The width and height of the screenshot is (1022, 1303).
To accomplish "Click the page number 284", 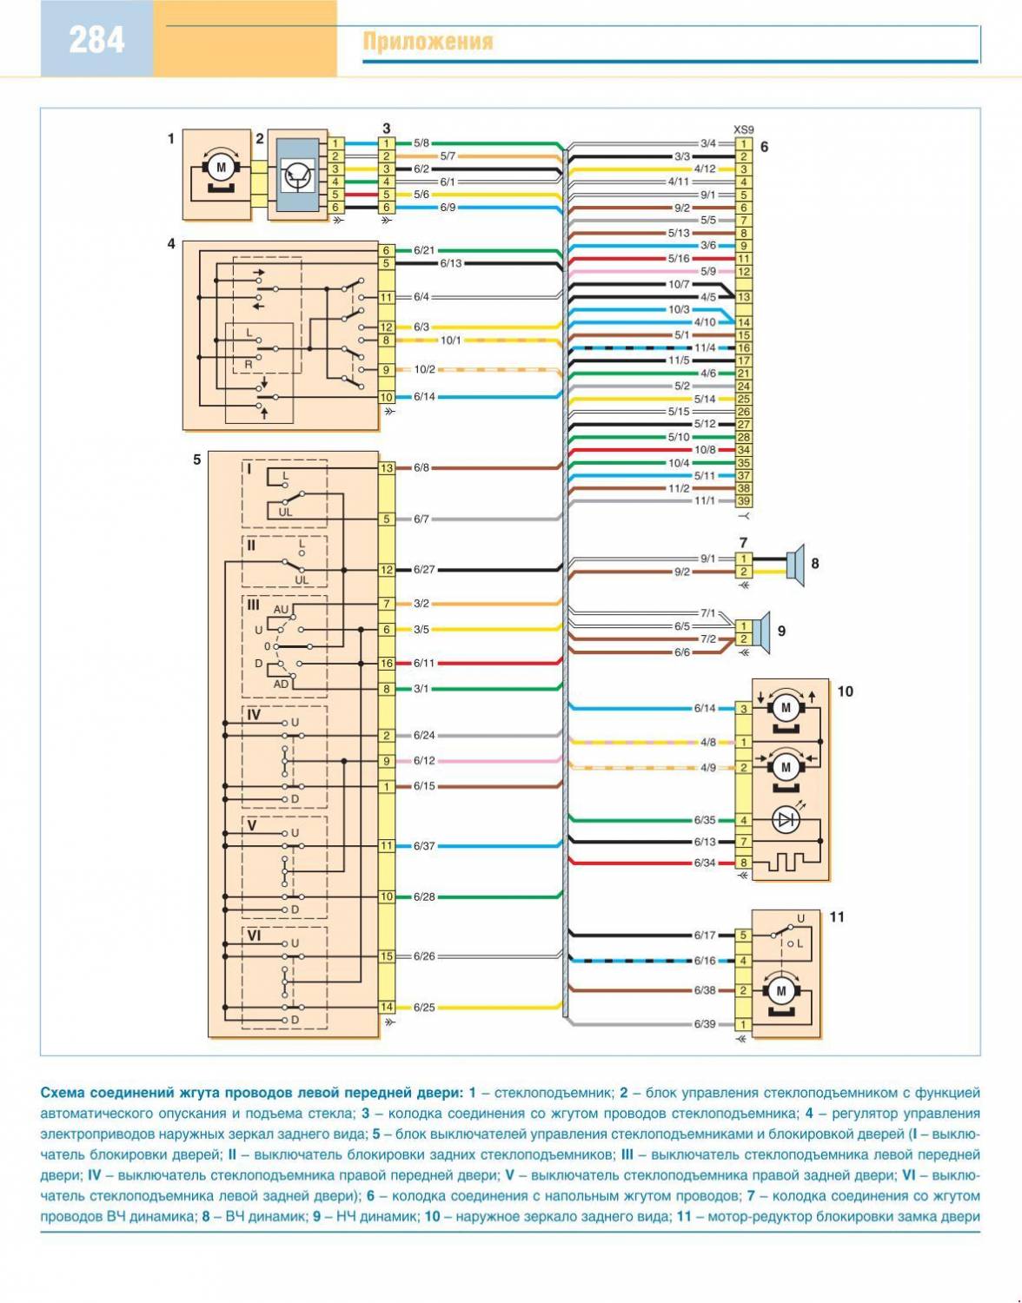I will (x=96, y=40).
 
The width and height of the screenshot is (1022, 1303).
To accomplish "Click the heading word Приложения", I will (x=428, y=42).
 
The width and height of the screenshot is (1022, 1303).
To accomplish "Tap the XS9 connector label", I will (x=743, y=128).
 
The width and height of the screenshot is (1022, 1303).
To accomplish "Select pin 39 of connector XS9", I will (x=744, y=501).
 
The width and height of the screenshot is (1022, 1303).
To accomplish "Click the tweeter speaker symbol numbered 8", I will (x=795, y=564).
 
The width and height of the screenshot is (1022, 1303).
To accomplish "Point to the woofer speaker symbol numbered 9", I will (x=762, y=632).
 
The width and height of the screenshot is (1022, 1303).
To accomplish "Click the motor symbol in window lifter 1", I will (x=220, y=167).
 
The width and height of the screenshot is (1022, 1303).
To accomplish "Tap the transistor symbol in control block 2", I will (x=298, y=176).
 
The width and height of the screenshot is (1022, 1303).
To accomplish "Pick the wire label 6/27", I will (x=424, y=570).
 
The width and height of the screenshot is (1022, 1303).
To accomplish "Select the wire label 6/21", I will (x=424, y=250).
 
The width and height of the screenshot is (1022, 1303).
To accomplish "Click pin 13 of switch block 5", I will (x=387, y=468).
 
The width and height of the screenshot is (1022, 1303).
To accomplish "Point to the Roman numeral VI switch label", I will (x=254, y=936).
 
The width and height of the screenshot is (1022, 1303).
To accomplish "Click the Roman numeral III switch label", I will (x=253, y=605).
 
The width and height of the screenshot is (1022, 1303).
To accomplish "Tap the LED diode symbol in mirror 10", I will (x=786, y=820).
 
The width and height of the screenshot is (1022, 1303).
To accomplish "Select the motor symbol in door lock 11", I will (x=780, y=991).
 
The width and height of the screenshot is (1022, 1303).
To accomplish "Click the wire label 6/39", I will (x=705, y=1024).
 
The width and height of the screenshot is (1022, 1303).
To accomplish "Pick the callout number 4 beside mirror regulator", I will (x=171, y=244).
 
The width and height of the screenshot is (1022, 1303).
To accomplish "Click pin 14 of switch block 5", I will (x=387, y=1007).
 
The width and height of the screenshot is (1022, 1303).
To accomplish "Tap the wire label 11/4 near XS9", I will (x=705, y=347).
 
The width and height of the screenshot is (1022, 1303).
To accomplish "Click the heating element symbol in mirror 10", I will (x=786, y=863).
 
